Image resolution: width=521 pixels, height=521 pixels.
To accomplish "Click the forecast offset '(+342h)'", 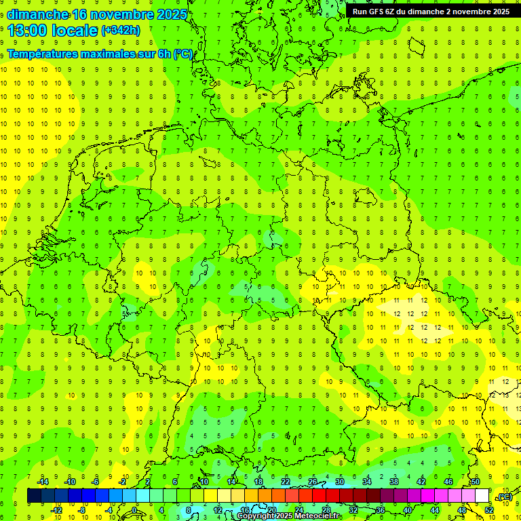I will pos(121,31).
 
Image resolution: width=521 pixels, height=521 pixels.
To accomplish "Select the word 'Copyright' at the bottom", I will pos(257,516).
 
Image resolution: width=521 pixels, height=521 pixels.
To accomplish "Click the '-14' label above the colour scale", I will pos(43,482).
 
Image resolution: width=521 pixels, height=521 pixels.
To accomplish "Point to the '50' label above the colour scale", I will pos(476,482).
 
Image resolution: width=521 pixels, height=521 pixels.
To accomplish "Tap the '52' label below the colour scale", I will pos(489,510).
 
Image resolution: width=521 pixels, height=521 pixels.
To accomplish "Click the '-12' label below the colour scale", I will pos(56,510).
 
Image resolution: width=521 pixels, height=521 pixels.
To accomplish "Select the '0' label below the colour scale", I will pos(135,510).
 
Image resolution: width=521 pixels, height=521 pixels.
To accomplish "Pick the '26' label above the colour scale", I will pos(313,482).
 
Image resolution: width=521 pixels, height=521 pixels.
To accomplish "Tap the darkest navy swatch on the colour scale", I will pos(34,496).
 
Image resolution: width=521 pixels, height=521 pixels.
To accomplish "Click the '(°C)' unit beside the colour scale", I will pos(505,497).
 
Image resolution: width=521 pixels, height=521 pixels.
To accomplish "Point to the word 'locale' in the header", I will pos(75,31).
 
